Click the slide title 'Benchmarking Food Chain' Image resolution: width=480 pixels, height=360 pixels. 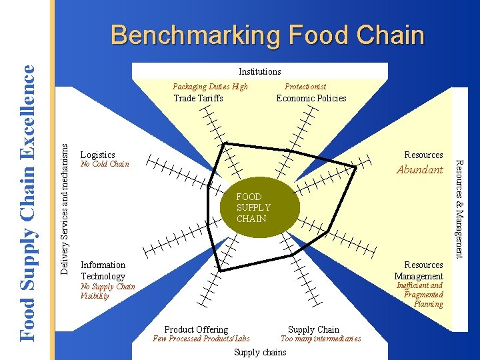pos(267,35)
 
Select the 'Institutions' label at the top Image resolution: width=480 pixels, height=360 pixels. pos(260,71)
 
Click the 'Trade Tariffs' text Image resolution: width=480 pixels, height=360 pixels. pos(198,98)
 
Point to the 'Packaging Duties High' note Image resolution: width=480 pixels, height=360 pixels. pos(210,87)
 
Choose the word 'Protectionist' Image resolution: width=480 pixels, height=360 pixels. pos(305,87)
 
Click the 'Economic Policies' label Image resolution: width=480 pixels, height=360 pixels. pos(311,98)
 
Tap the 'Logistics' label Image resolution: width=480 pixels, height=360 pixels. pos(97,155)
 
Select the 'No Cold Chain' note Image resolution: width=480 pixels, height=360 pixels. pos(104,164)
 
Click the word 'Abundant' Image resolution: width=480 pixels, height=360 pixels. pos(419,170)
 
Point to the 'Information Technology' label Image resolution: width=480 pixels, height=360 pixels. pos(103,271)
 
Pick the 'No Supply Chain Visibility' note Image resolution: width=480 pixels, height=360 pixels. pos(107,291)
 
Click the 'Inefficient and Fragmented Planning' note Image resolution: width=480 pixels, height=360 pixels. pos(419,295)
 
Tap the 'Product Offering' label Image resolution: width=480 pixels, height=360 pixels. pos(196,329)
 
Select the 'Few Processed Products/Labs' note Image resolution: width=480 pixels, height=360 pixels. pos(201,339)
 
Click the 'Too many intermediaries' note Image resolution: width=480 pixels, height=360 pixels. pos(321,339)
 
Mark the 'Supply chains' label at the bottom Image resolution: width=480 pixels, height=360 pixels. pos(260,352)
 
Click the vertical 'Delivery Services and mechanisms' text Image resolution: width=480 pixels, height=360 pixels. pos(65,201)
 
